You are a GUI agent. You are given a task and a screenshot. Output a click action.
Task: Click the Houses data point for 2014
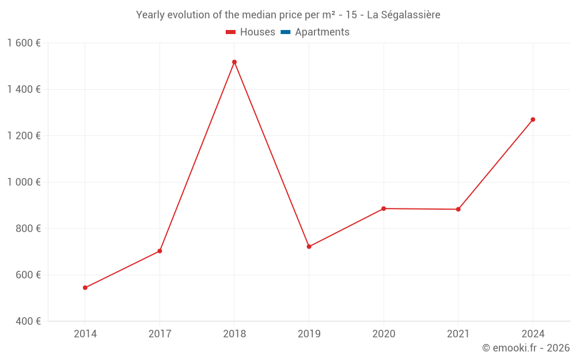click(x=85, y=287)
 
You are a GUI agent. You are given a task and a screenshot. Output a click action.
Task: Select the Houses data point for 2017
click(x=160, y=251)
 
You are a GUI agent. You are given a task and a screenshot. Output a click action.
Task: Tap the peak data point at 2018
click(x=234, y=62)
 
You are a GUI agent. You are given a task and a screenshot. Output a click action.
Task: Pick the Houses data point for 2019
click(x=309, y=247)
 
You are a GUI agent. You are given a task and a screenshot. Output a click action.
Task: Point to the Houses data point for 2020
click(x=384, y=209)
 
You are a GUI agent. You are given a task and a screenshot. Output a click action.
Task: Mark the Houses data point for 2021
click(x=458, y=209)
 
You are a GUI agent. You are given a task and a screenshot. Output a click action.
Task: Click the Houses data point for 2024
click(x=533, y=120)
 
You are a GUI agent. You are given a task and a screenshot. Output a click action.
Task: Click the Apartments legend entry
click(x=322, y=32)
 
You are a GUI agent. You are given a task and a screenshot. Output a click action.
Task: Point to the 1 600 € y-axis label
click(x=24, y=43)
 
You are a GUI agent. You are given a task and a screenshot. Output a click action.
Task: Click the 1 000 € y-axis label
click(x=24, y=182)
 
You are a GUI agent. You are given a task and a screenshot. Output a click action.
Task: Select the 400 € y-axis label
click(x=27, y=321)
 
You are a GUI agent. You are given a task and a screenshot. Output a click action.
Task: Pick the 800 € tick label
click(x=27, y=229)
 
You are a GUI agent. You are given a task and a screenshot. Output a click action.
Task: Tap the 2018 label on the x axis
click(x=234, y=334)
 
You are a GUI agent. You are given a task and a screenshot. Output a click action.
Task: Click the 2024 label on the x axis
click(x=533, y=334)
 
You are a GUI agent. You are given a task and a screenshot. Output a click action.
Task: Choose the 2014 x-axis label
click(x=85, y=334)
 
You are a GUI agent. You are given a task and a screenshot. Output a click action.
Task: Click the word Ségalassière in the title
click(x=411, y=15)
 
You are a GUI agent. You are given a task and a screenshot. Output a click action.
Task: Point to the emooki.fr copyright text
click(x=525, y=348)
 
